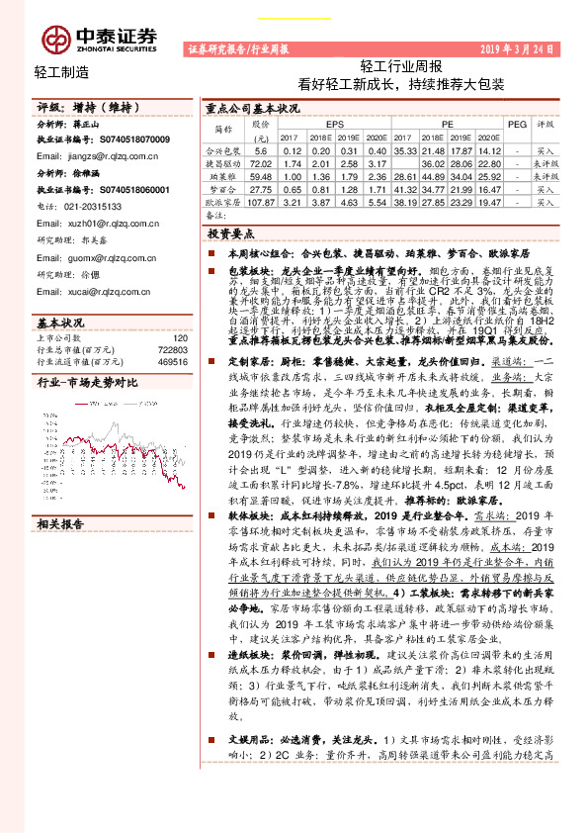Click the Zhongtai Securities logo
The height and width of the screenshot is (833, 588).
point(99,37)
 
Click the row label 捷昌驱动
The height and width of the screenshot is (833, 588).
point(223,162)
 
